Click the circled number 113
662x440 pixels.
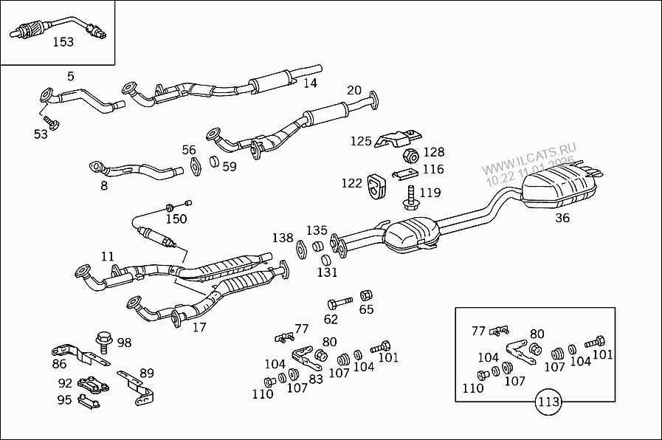[548, 403]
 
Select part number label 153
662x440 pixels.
[63, 42]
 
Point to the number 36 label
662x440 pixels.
[562, 218]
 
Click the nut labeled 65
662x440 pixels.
[365, 296]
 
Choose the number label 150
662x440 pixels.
[176, 219]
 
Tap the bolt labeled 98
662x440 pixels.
[104, 341]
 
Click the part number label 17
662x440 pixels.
[199, 327]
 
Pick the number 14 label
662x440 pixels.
[310, 83]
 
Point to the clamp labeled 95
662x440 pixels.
[89, 402]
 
